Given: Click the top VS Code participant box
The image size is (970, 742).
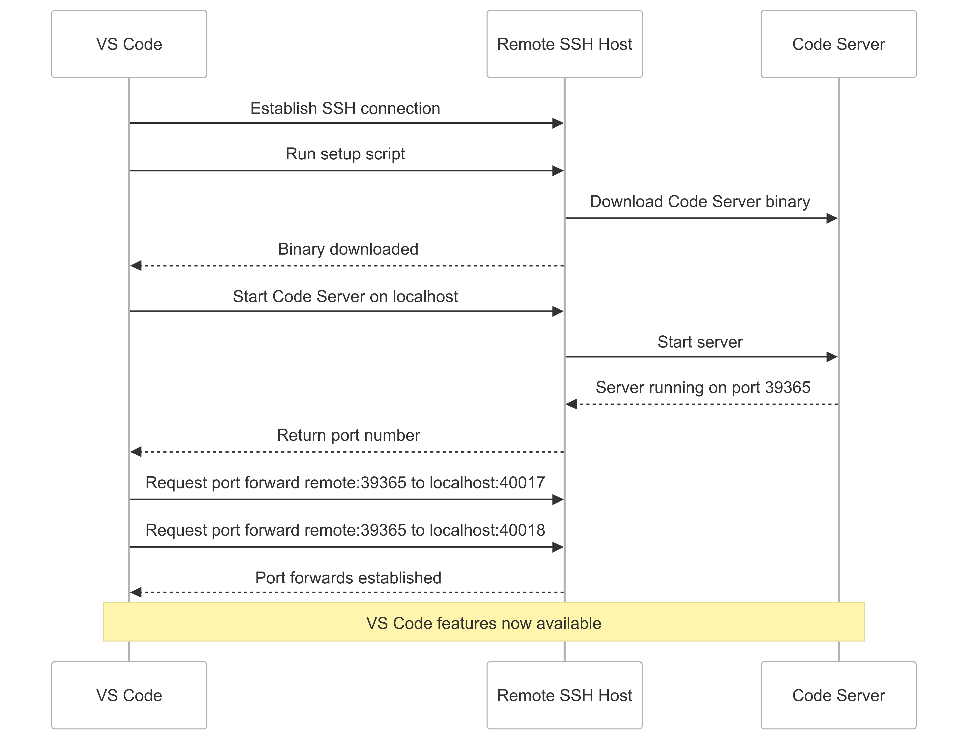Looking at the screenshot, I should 129,44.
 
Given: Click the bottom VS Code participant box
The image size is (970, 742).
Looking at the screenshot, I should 129,695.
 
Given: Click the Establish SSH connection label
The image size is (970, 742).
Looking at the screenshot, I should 345,108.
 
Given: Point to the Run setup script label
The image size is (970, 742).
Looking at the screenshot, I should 345,154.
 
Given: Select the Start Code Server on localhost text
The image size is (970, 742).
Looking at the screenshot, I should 345,296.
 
